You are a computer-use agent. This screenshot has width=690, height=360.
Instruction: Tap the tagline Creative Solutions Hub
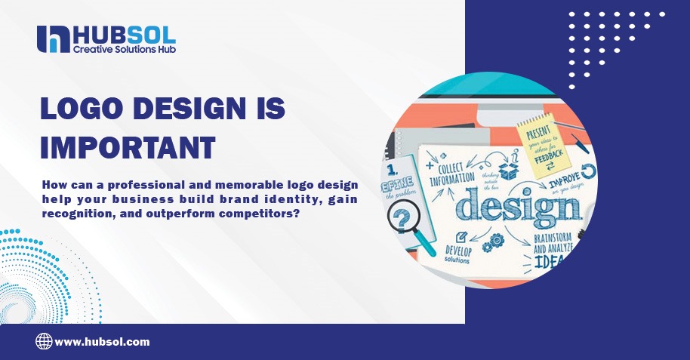click(124, 49)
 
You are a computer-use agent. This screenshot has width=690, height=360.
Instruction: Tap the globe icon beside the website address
click(44, 341)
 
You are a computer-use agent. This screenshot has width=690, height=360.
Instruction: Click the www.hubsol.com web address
click(102, 342)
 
